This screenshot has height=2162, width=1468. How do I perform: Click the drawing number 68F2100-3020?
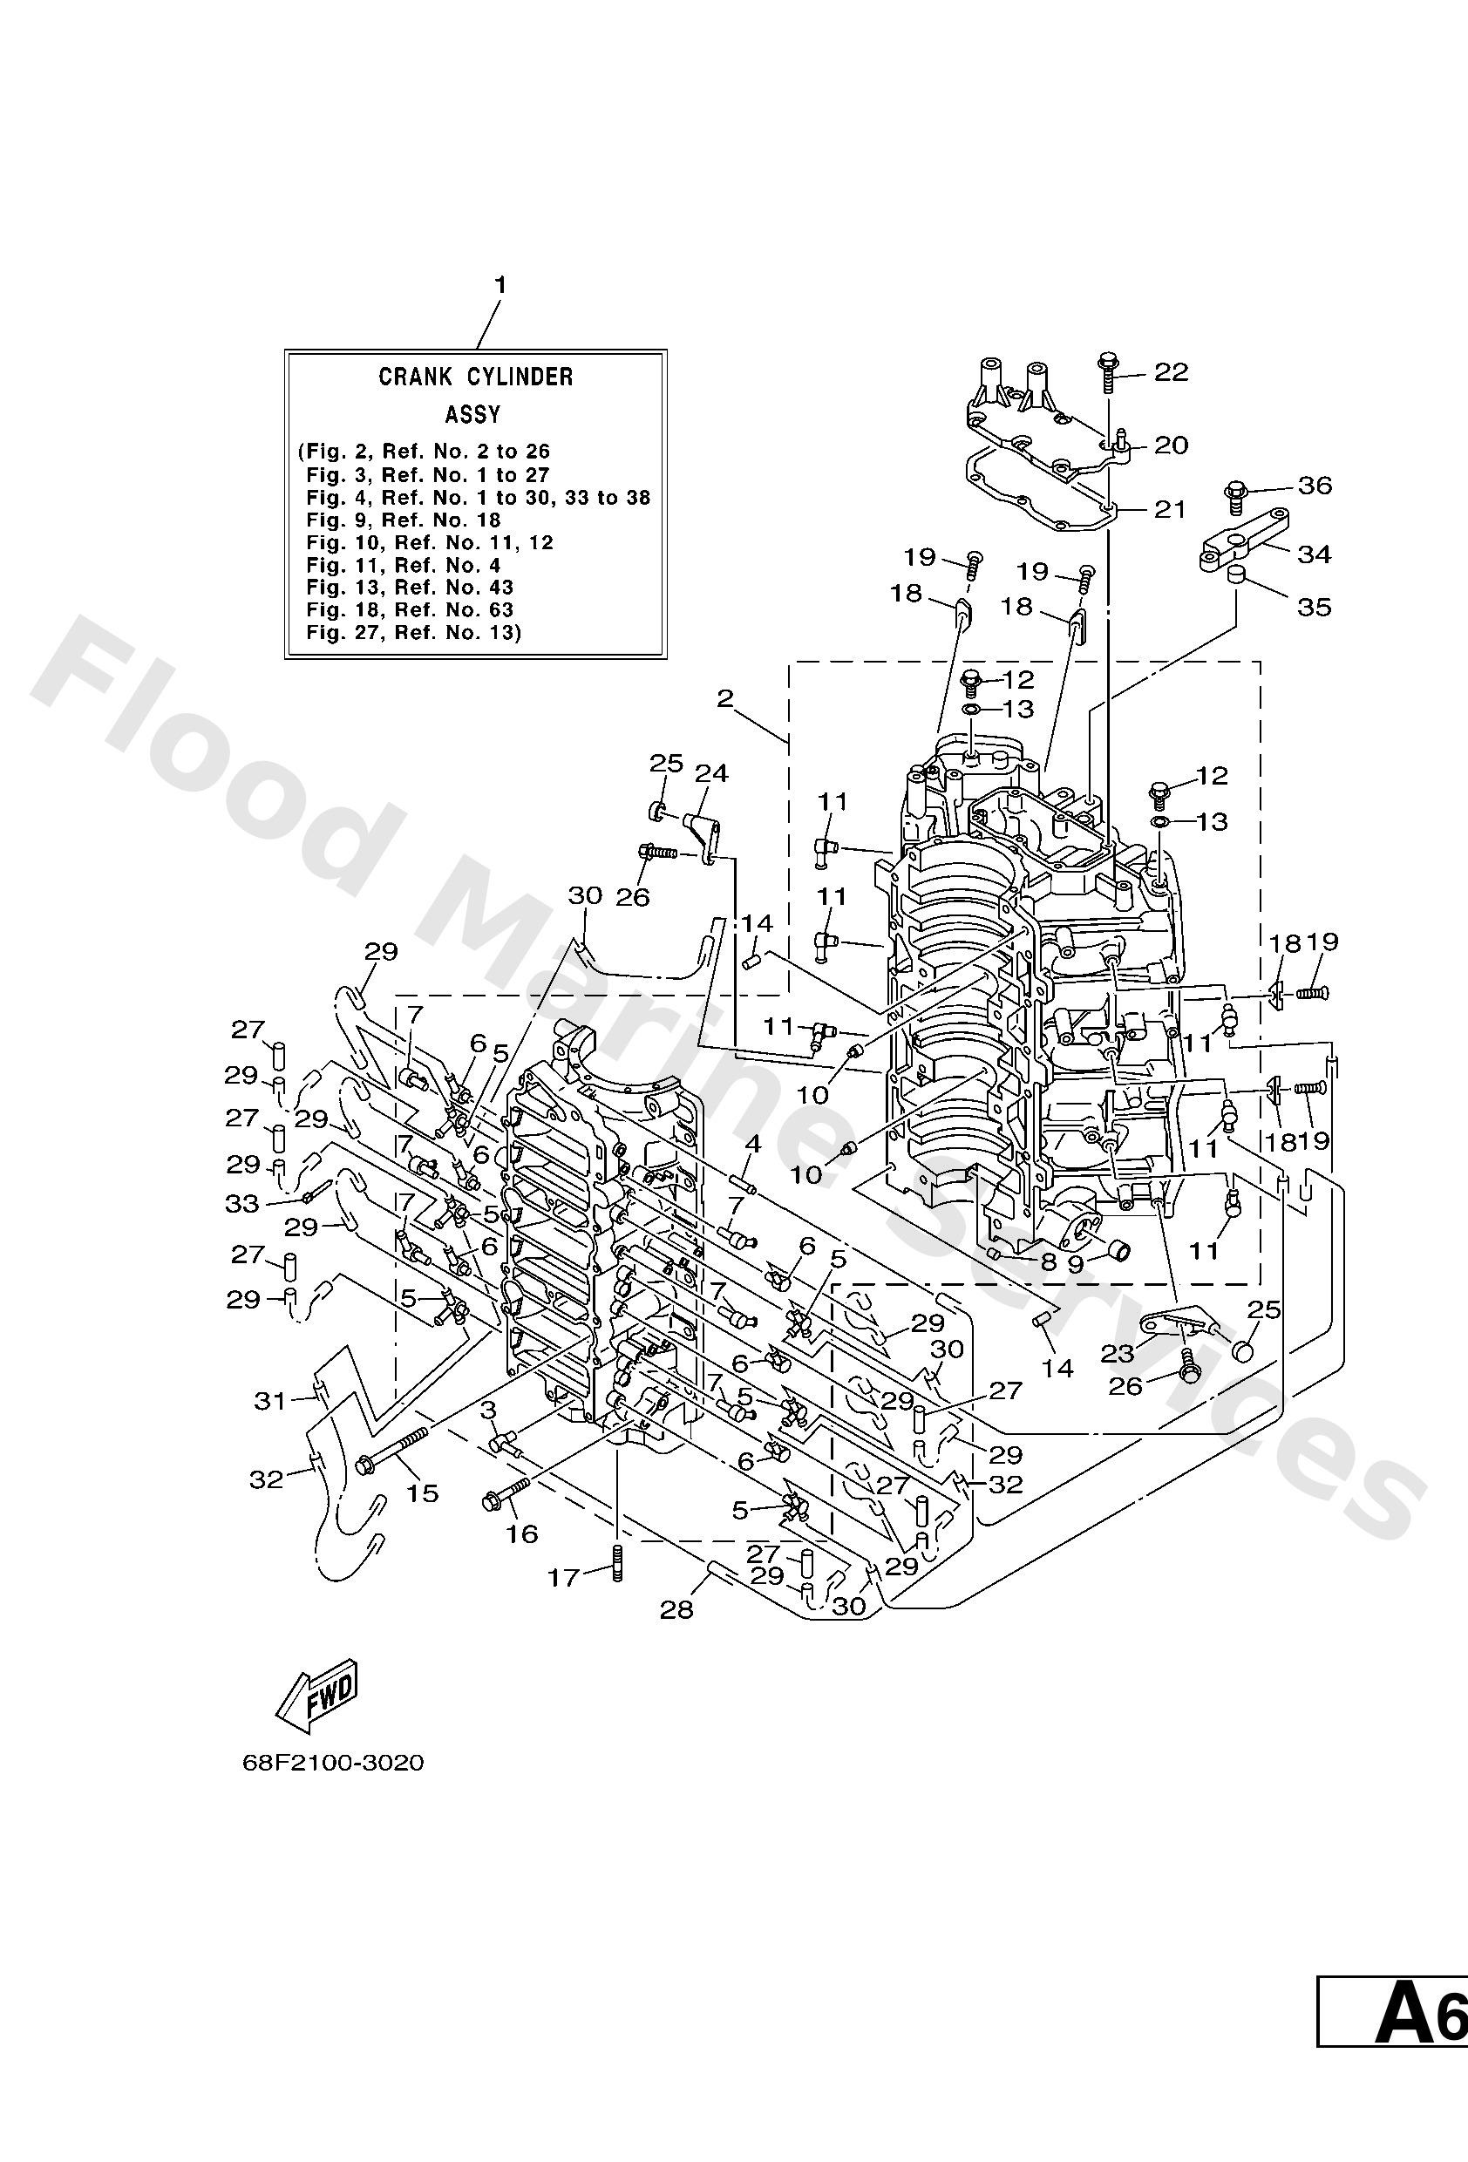(333, 1763)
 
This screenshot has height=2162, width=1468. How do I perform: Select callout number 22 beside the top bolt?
(1171, 372)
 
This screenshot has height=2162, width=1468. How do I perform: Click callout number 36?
(1315, 486)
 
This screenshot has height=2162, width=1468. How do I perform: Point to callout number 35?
(1315, 608)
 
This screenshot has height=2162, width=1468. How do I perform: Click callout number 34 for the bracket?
(1315, 554)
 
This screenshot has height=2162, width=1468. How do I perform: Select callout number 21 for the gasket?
(1171, 509)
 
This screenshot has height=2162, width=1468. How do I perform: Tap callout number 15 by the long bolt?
(422, 1492)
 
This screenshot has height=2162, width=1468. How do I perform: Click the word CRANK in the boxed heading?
(416, 377)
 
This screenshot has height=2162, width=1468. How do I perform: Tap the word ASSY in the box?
(472, 414)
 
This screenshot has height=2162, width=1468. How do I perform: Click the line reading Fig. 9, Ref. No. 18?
(404, 520)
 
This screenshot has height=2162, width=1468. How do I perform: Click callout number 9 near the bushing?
(1076, 1264)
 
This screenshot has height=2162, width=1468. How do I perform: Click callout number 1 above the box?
(500, 285)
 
